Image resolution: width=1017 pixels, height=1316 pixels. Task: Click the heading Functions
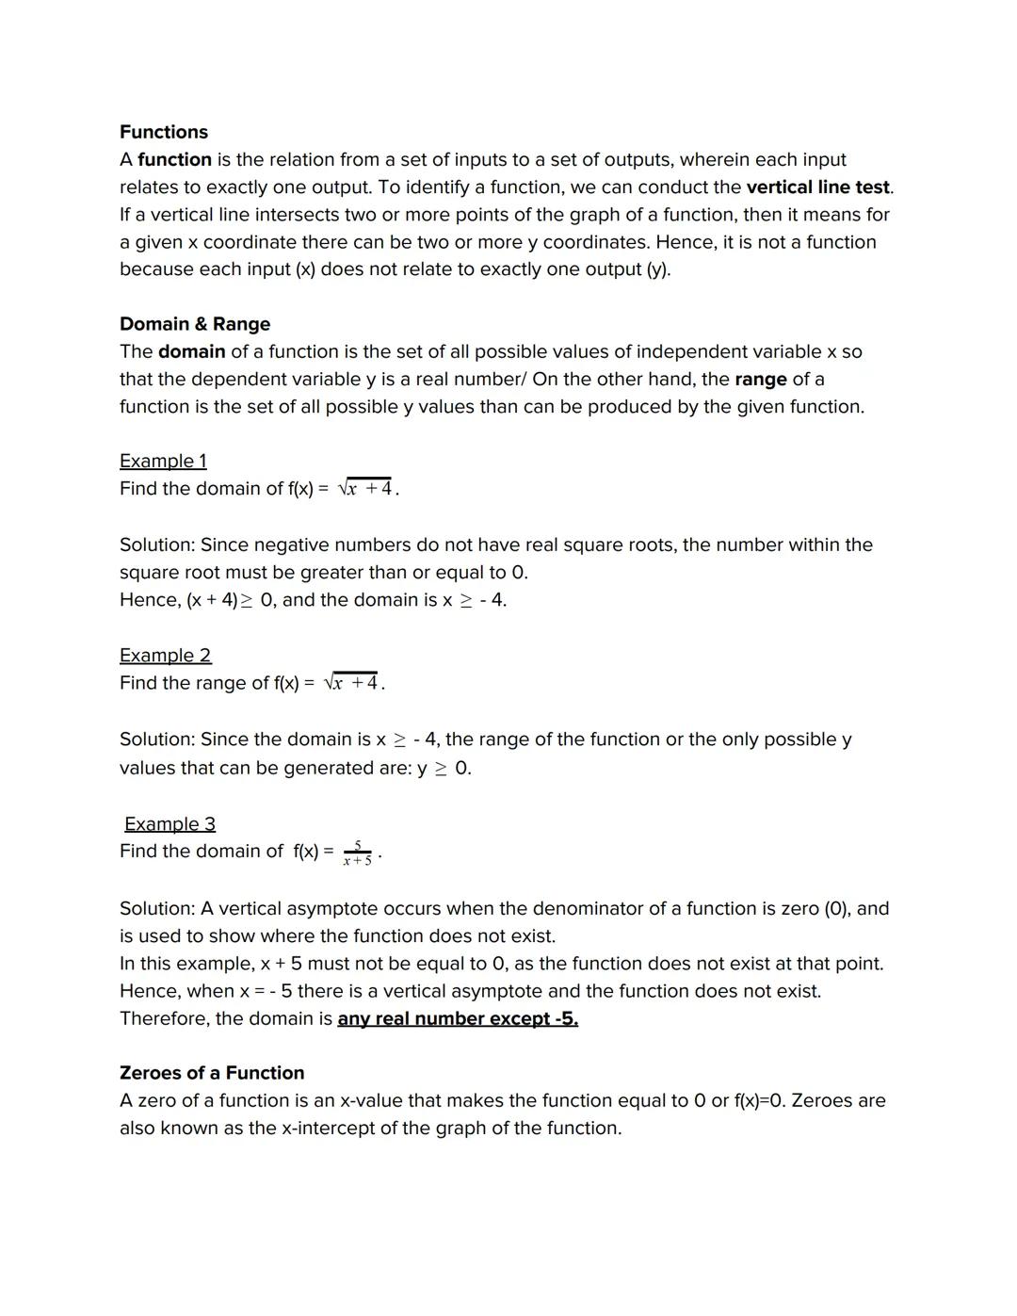coord(164,132)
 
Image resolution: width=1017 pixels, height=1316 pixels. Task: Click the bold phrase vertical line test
coord(818,187)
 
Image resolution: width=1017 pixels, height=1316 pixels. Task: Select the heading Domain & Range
coord(195,324)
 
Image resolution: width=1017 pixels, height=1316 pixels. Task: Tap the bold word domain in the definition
coord(191,351)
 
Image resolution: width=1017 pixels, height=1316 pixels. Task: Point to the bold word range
coord(760,379)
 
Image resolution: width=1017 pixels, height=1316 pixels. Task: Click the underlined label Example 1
coord(163,461)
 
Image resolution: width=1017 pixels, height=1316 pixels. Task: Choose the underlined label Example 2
coord(166,655)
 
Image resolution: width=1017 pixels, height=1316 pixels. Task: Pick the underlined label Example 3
coord(169,823)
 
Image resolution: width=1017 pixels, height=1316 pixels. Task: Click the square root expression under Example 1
coord(365,488)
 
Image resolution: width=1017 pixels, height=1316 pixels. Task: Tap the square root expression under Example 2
coord(351,682)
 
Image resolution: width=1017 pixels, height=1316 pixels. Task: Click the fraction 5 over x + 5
coord(358,853)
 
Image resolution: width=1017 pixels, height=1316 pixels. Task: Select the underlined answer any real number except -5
coord(458,1018)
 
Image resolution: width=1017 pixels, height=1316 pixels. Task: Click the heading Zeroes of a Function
coord(212,1073)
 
